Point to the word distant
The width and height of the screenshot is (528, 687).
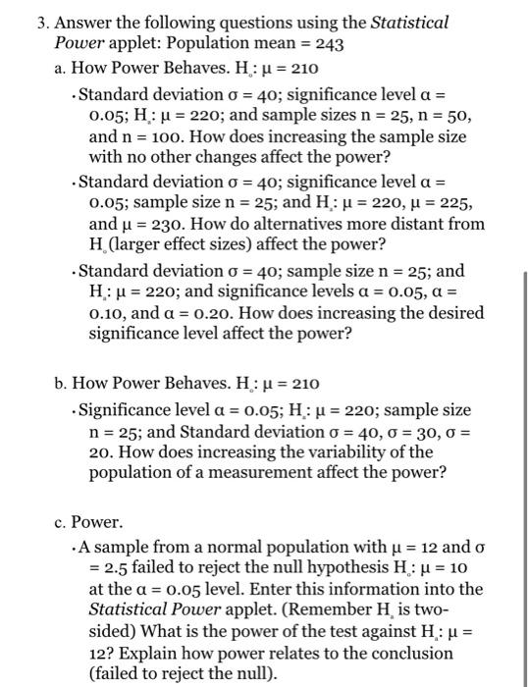tap(390, 224)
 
